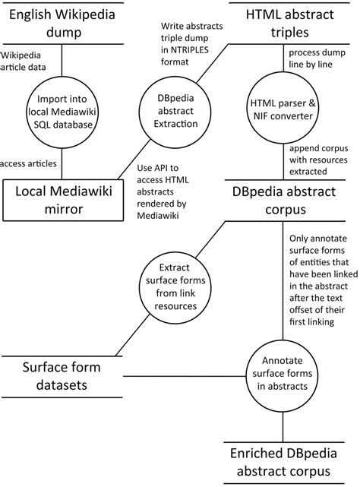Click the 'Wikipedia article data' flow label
29,62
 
